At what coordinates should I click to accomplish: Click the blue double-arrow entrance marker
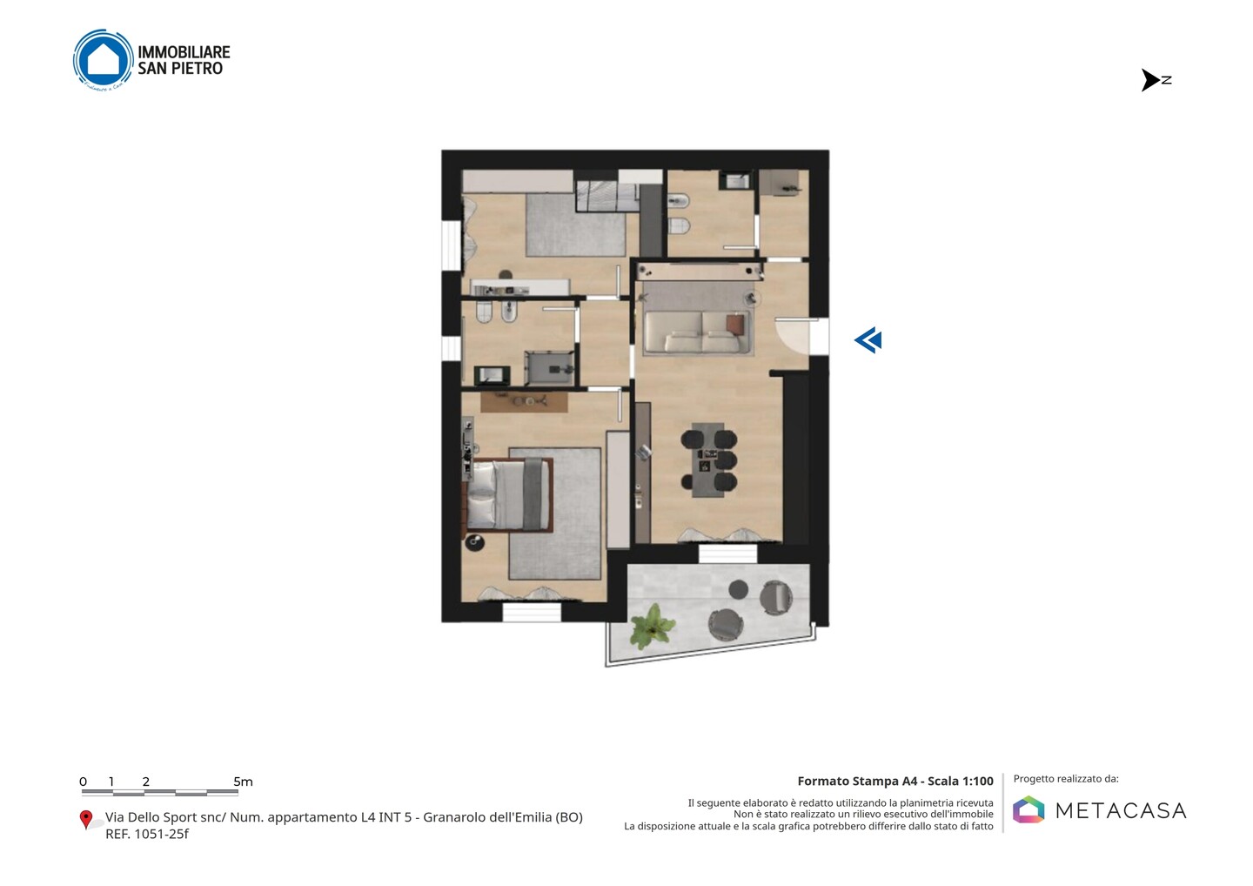(x=868, y=340)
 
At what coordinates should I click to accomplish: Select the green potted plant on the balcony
(x=653, y=627)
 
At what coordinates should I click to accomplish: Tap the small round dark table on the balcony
(x=739, y=589)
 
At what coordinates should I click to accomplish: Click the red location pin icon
(x=85, y=820)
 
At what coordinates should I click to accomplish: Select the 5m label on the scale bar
(x=243, y=782)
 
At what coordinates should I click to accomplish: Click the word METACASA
(x=1121, y=810)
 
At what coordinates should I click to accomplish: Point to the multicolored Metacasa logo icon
(x=1029, y=809)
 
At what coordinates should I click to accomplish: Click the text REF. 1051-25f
(x=146, y=834)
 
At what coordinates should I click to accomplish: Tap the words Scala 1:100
(x=961, y=781)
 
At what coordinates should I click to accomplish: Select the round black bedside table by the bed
(x=474, y=542)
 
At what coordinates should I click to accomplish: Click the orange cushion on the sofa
(x=735, y=325)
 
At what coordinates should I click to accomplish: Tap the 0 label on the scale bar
(x=83, y=782)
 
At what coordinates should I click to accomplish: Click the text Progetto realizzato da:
(x=1066, y=779)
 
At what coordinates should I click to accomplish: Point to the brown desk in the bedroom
(x=524, y=402)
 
